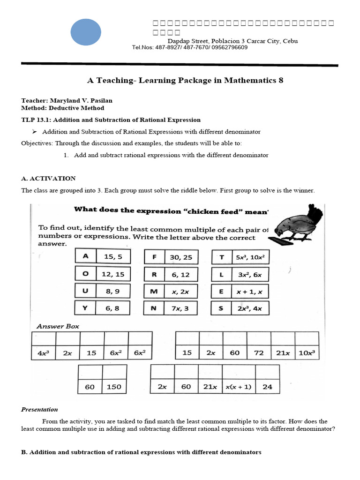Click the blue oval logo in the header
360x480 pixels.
click(86, 32)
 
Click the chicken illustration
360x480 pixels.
click(298, 223)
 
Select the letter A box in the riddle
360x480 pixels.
click(85, 256)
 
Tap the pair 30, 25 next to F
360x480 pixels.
click(181, 257)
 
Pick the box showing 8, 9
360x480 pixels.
click(112, 291)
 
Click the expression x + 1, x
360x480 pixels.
click(250, 291)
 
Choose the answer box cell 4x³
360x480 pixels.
click(43, 353)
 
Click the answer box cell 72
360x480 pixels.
click(259, 353)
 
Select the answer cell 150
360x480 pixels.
click(114, 387)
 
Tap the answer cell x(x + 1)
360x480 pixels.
click(238, 387)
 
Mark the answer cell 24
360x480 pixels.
click(267, 387)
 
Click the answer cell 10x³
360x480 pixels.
click(307, 353)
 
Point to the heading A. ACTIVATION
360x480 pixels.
click(48, 179)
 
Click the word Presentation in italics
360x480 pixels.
click(39, 409)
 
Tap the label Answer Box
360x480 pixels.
click(58, 326)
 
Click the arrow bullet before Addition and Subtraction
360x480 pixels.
click(34, 132)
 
